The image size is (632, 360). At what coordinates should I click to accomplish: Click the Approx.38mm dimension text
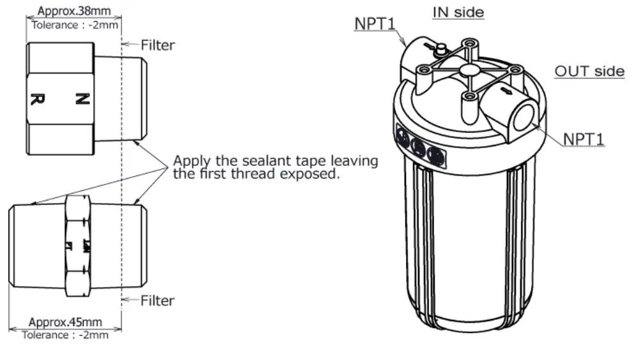click(x=70, y=11)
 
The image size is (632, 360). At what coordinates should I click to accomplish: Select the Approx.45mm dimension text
click(x=66, y=322)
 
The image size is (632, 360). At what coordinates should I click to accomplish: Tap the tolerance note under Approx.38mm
click(x=70, y=24)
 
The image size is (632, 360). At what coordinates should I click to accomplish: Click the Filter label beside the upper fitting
click(x=158, y=45)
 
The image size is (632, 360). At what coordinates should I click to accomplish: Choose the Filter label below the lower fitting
click(x=158, y=300)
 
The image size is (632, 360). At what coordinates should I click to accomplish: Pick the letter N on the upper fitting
click(x=82, y=99)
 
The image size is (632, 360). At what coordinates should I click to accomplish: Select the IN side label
click(x=458, y=12)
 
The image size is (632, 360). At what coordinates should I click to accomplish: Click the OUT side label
click(x=589, y=71)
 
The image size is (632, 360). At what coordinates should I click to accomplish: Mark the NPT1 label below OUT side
click(x=583, y=139)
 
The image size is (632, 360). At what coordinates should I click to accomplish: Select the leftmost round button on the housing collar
click(x=403, y=135)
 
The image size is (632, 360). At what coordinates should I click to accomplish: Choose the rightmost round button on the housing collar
click(x=434, y=154)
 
